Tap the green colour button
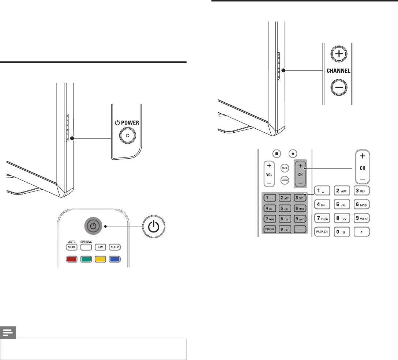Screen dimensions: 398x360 [x=86, y=260]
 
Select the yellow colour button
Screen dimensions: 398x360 [x=101, y=260]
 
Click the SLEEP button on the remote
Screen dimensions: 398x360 [x=115, y=247]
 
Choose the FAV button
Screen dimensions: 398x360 [x=101, y=247]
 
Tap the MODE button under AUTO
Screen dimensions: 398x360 [x=72, y=247]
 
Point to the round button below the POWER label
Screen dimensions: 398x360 [x=127, y=135]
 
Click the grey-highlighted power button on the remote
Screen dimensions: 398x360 [x=94, y=226]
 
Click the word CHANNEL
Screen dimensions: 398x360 [x=338, y=71]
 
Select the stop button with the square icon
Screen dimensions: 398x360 [x=277, y=154]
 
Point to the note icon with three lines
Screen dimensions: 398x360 [x=8, y=333]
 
